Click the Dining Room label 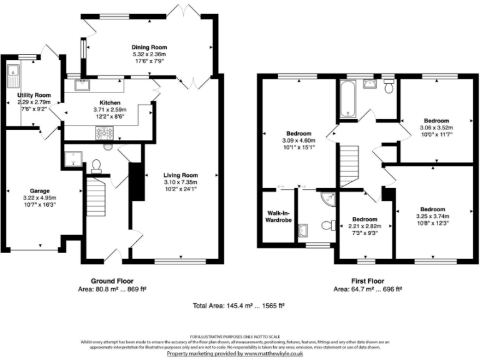[x=149, y=47]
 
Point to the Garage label [x=40, y=191]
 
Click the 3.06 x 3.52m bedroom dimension [x=436, y=127]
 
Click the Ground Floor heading [x=112, y=281]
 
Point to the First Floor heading [x=367, y=281]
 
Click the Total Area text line [x=239, y=306]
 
